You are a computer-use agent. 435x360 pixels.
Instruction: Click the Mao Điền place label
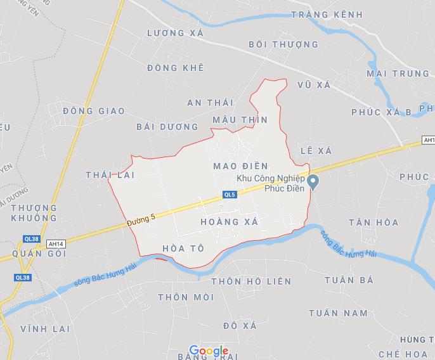[242, 166]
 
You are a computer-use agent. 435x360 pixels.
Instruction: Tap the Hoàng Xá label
[229, 222]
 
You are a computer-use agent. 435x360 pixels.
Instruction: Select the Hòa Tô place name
[183, 248]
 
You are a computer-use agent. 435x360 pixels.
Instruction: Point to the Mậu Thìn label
[240, 120]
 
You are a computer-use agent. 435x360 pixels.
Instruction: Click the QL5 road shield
[230, 195]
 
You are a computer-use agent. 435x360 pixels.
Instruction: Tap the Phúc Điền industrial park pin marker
[313, 183]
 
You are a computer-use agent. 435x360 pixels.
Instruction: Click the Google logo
[209, 351]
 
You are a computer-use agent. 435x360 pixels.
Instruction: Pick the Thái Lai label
[111, 174]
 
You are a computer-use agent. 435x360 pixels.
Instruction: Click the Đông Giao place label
[94, 111]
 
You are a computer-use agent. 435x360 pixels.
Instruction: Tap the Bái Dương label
[167, 126]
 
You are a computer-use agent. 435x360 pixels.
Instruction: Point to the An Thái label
[211, 102]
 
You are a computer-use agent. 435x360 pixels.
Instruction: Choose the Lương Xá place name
[175, 33]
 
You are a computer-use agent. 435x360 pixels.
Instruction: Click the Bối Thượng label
[283, 44]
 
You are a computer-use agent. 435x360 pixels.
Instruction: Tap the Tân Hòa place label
[373, 222]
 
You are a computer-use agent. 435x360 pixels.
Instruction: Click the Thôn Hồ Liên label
[250, 281]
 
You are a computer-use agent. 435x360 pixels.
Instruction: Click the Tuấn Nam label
[338, 313]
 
